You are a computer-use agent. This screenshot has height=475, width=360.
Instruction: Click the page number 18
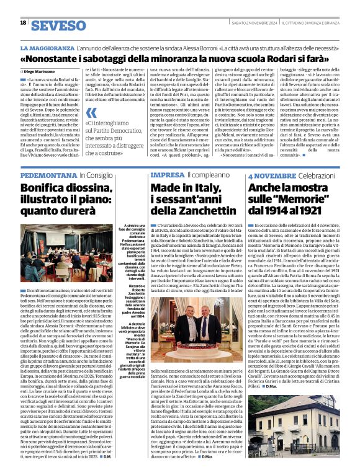(23, 23)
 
